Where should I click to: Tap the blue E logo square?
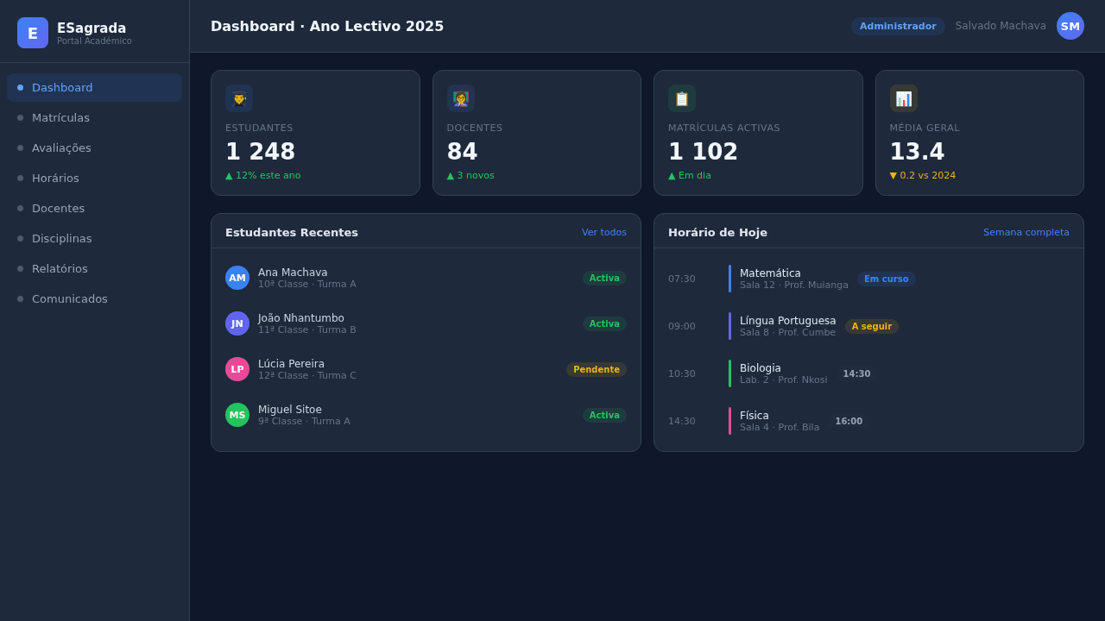pos(33,33)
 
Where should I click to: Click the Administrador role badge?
pos(898,26)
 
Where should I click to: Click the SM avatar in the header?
pos(1070,26)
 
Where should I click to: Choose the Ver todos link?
pos(603,232)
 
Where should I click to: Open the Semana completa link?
pos(1026,232)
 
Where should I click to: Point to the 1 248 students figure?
pos(260,151)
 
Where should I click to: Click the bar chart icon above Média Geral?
pos(903,98)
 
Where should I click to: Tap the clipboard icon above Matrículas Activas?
pos(682,98)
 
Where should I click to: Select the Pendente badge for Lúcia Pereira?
pos(597,370)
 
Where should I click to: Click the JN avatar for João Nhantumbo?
pos(237,323)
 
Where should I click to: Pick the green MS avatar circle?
pos(237,415)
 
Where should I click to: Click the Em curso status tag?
pos(886,279)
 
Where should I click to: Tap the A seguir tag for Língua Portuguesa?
pos(872,326)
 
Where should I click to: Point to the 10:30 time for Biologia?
pos(682,373)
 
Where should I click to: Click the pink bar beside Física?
pos(729,421)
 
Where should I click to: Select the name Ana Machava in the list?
pos(293,273)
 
